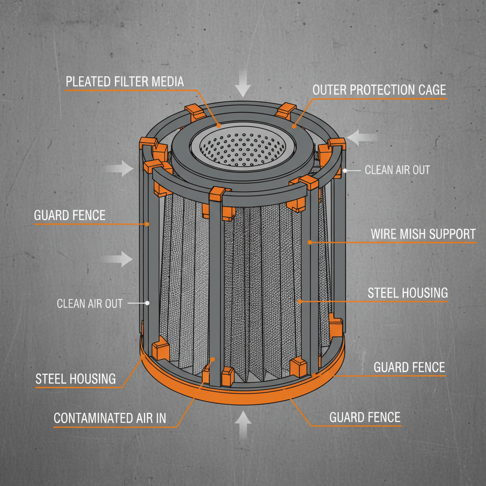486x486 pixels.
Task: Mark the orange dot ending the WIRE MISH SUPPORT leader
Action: coord(309,242)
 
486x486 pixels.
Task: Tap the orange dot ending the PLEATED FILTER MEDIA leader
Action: coord(219,126)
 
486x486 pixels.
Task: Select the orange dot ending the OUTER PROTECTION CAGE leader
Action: coord(294,126)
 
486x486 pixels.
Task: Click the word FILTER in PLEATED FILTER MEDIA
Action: coord(131,81)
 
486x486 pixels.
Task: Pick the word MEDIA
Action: coord(168,81)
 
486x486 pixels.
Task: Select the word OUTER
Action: coord(330,90)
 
